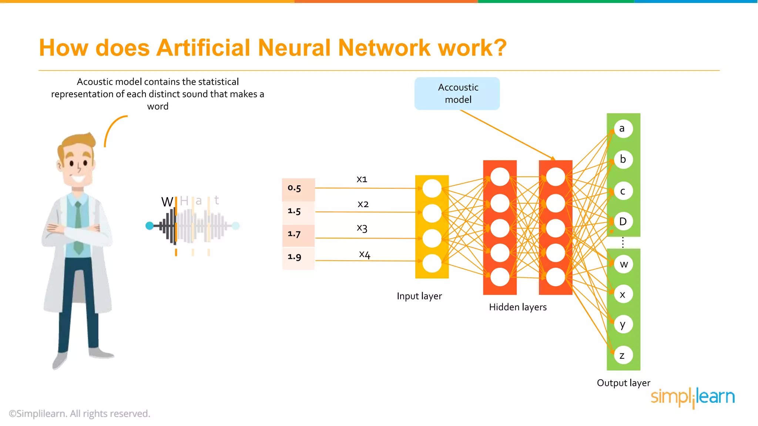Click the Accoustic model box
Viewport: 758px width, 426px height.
[x=457, y=94]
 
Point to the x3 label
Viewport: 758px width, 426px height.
[x=362, y=228]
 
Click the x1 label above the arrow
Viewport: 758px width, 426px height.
[x=362, y=179]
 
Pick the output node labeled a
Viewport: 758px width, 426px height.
[x=623, y=129]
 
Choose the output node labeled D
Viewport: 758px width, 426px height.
[x=623, y=222]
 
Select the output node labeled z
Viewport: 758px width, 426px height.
[x=623, y=355]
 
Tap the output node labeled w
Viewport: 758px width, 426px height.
[x=624, y=264]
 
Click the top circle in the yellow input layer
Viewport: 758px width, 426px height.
[x=432, y=189]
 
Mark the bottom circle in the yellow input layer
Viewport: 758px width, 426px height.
[x=432, y=264]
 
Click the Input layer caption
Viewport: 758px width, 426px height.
[x=419, y=296]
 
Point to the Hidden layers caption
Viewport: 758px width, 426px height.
[x=517, y=307]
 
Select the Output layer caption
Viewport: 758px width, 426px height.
[x=623, y=383]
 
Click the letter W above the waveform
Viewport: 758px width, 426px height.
[x=167, y=202]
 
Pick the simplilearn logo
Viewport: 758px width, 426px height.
[x=692, y=397]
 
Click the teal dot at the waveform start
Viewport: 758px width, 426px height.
[x=150, y=226]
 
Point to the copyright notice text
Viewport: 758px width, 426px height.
[x=80, y=414]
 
